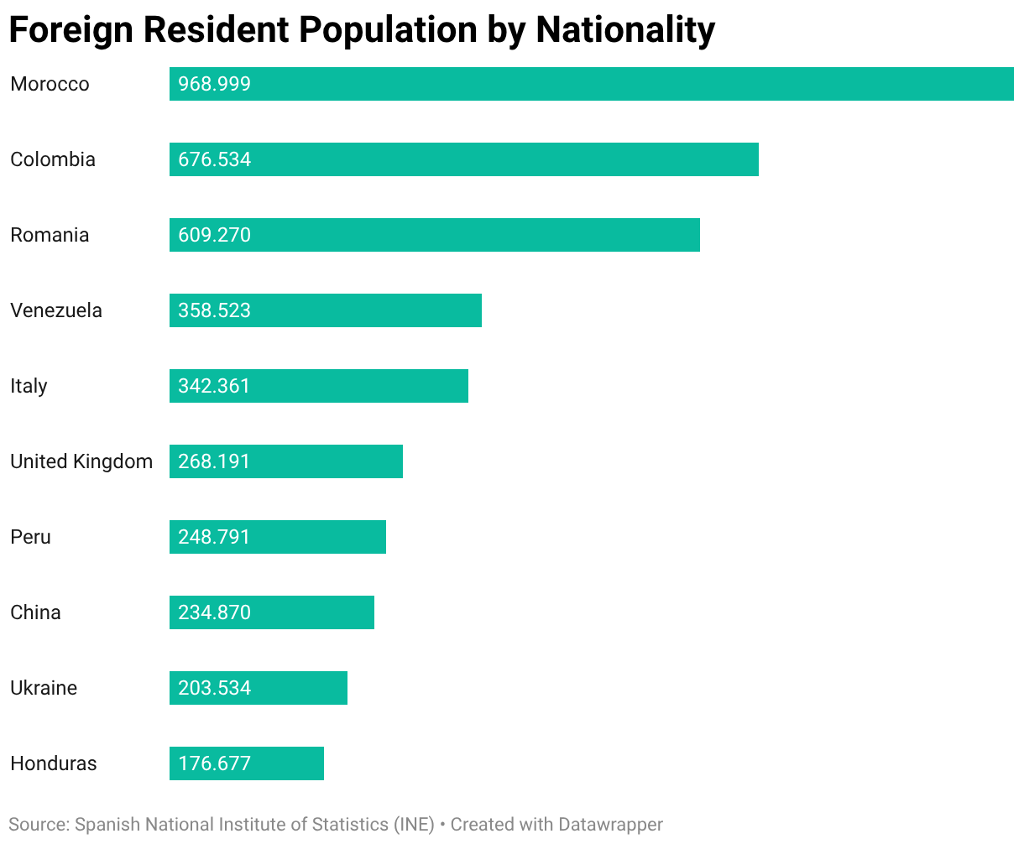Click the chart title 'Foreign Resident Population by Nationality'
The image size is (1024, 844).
pos(362,30)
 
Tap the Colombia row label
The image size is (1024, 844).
pos(53,159)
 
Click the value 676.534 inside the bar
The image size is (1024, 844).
pos(215,159)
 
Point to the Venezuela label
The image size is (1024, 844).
pos(56,310)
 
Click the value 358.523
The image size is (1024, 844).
pos(215,310)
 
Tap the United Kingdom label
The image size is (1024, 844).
pos(81,461)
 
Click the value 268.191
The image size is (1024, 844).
pos(215,461)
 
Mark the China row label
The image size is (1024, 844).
pos(35,612)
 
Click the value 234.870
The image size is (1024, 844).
pos(215,612)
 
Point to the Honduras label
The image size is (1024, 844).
pos(54,763)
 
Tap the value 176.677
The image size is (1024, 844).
pos(215,763)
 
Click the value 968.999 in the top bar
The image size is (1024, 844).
pos(215,84)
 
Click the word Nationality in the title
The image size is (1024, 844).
pos(625,30)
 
